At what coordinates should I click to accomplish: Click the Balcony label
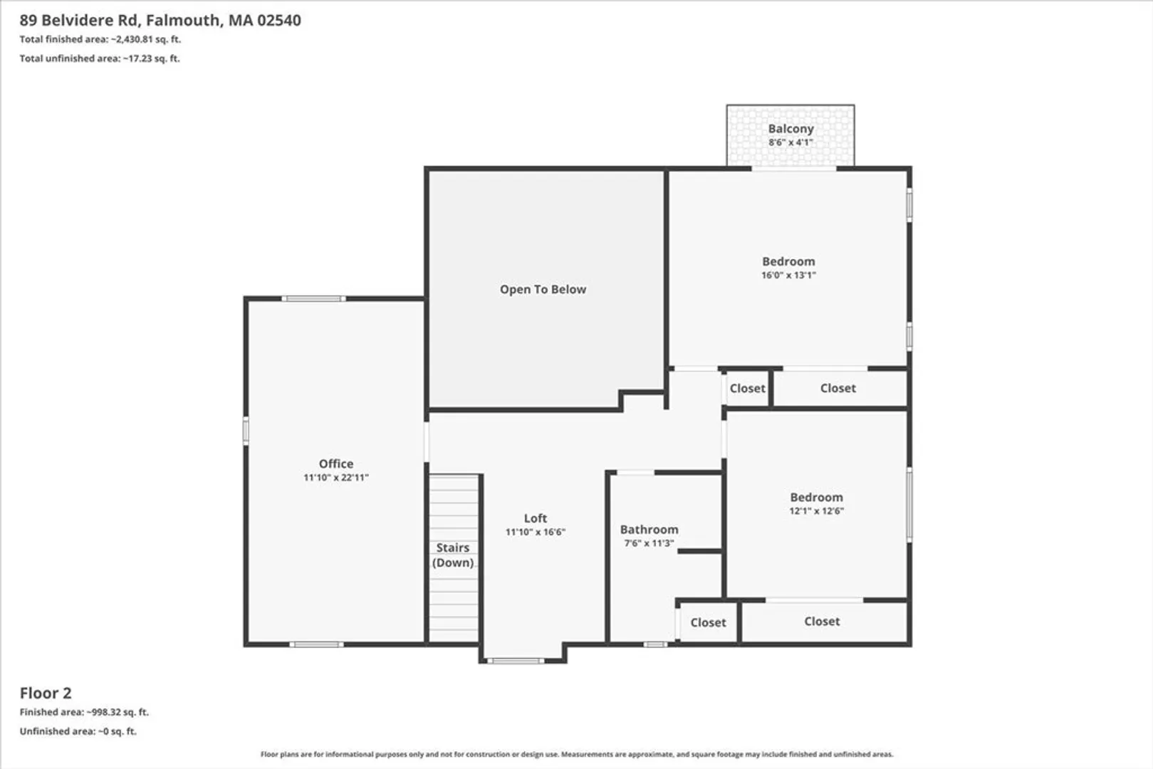(x=791, y=128)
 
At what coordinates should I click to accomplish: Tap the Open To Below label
(x=543, y=289)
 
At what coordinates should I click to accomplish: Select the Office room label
(x=336, y=464)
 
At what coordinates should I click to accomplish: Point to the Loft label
(x=536, y=518)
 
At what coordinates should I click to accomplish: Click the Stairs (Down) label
(x=453, y=555)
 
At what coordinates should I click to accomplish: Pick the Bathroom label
(x=649, y=529)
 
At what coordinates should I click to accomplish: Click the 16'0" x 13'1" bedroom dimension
(x=788, y=275)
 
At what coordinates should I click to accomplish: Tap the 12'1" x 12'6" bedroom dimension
(x=816, y=511)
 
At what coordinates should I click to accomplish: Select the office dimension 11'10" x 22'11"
(x=336, y=477)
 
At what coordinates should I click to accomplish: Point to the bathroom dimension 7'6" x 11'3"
(x=649, y=543)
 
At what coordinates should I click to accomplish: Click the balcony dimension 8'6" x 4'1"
(x=791, y=142)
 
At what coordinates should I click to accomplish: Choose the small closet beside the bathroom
(x=709, y=622)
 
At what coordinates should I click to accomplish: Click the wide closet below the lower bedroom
(x=822, y=622)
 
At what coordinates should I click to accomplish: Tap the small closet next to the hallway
(x=747, y=388)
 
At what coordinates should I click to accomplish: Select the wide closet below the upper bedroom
(x=838, y=388)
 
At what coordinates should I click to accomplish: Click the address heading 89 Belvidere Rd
(x=79, y=20)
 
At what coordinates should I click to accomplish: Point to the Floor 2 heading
(x=46, y=693)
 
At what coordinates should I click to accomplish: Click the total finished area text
(x=100, y=39)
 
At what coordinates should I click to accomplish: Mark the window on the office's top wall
(x=313, y=298)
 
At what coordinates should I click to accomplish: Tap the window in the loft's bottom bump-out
(x=516, y=661)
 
